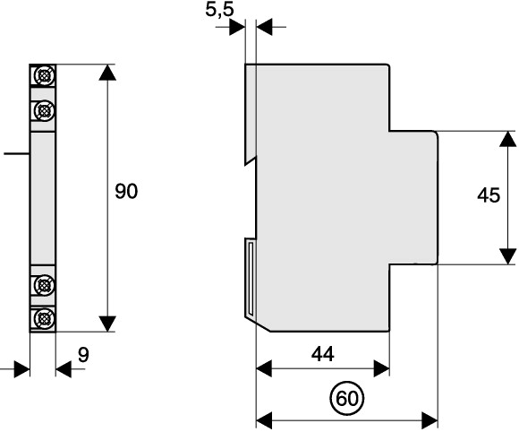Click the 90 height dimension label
tap(126, 192)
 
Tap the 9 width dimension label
tap(84, 355)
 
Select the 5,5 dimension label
tap(219, 9)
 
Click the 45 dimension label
tap(489, 195)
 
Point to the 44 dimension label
tap(323, 354)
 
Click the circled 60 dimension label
tap(347, 398)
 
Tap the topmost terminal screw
tap(43, 75)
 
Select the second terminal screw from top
tap(43, 109)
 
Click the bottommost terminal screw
tap(43, 318)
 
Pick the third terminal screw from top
tap(43, 284)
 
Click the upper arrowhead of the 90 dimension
tap(107, 73)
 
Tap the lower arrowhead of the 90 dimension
tap(107, 324)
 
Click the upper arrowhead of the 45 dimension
tap(507, 139)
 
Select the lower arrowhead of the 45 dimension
tap(507, 256)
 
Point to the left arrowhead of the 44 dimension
tap(264, 368)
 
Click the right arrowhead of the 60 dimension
tap(430, 420)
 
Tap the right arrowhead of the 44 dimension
tap(381, 368)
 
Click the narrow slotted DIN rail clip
tap(251, 280)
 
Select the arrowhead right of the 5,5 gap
tap(264, 27)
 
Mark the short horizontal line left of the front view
tap(16, 153)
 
